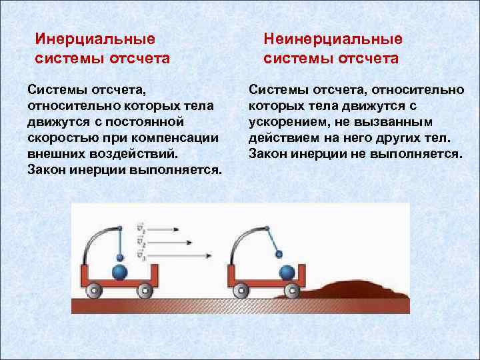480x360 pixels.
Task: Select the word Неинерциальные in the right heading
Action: [x=333, y=39]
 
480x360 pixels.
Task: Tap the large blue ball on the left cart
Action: [x=120, y=272]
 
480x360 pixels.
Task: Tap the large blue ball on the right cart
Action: [x=287, y=272]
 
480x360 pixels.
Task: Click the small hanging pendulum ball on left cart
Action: [x=119, y=257]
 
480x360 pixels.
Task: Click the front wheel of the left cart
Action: [x=144, y=291]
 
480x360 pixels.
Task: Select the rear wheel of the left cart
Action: [x=95, y=291]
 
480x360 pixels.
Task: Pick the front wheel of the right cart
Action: [x=291, y=291]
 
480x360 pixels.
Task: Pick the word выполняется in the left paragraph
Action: [x=180, y=169]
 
